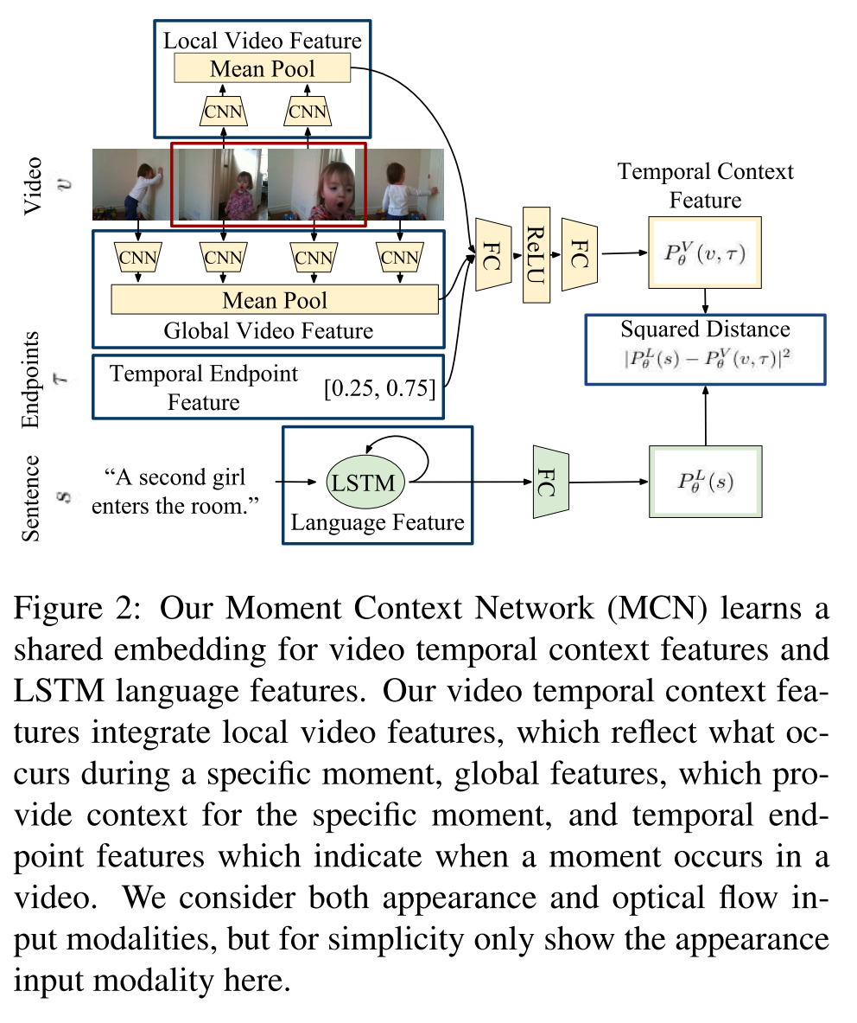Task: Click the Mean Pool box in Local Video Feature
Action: coord(262,68)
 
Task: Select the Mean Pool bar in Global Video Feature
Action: coord(275,300)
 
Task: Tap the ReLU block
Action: coord(536,253)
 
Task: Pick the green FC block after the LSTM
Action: coord(547,483)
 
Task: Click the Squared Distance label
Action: coord(705,329)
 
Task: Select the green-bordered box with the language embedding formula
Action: coord(704,483)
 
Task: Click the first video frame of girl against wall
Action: coord(131,185)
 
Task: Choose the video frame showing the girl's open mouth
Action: coord(317,185)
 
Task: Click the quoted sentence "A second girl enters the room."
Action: coord(176,489)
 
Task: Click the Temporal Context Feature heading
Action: coord(705,185)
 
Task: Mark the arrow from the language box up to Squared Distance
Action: coord(705,415)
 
